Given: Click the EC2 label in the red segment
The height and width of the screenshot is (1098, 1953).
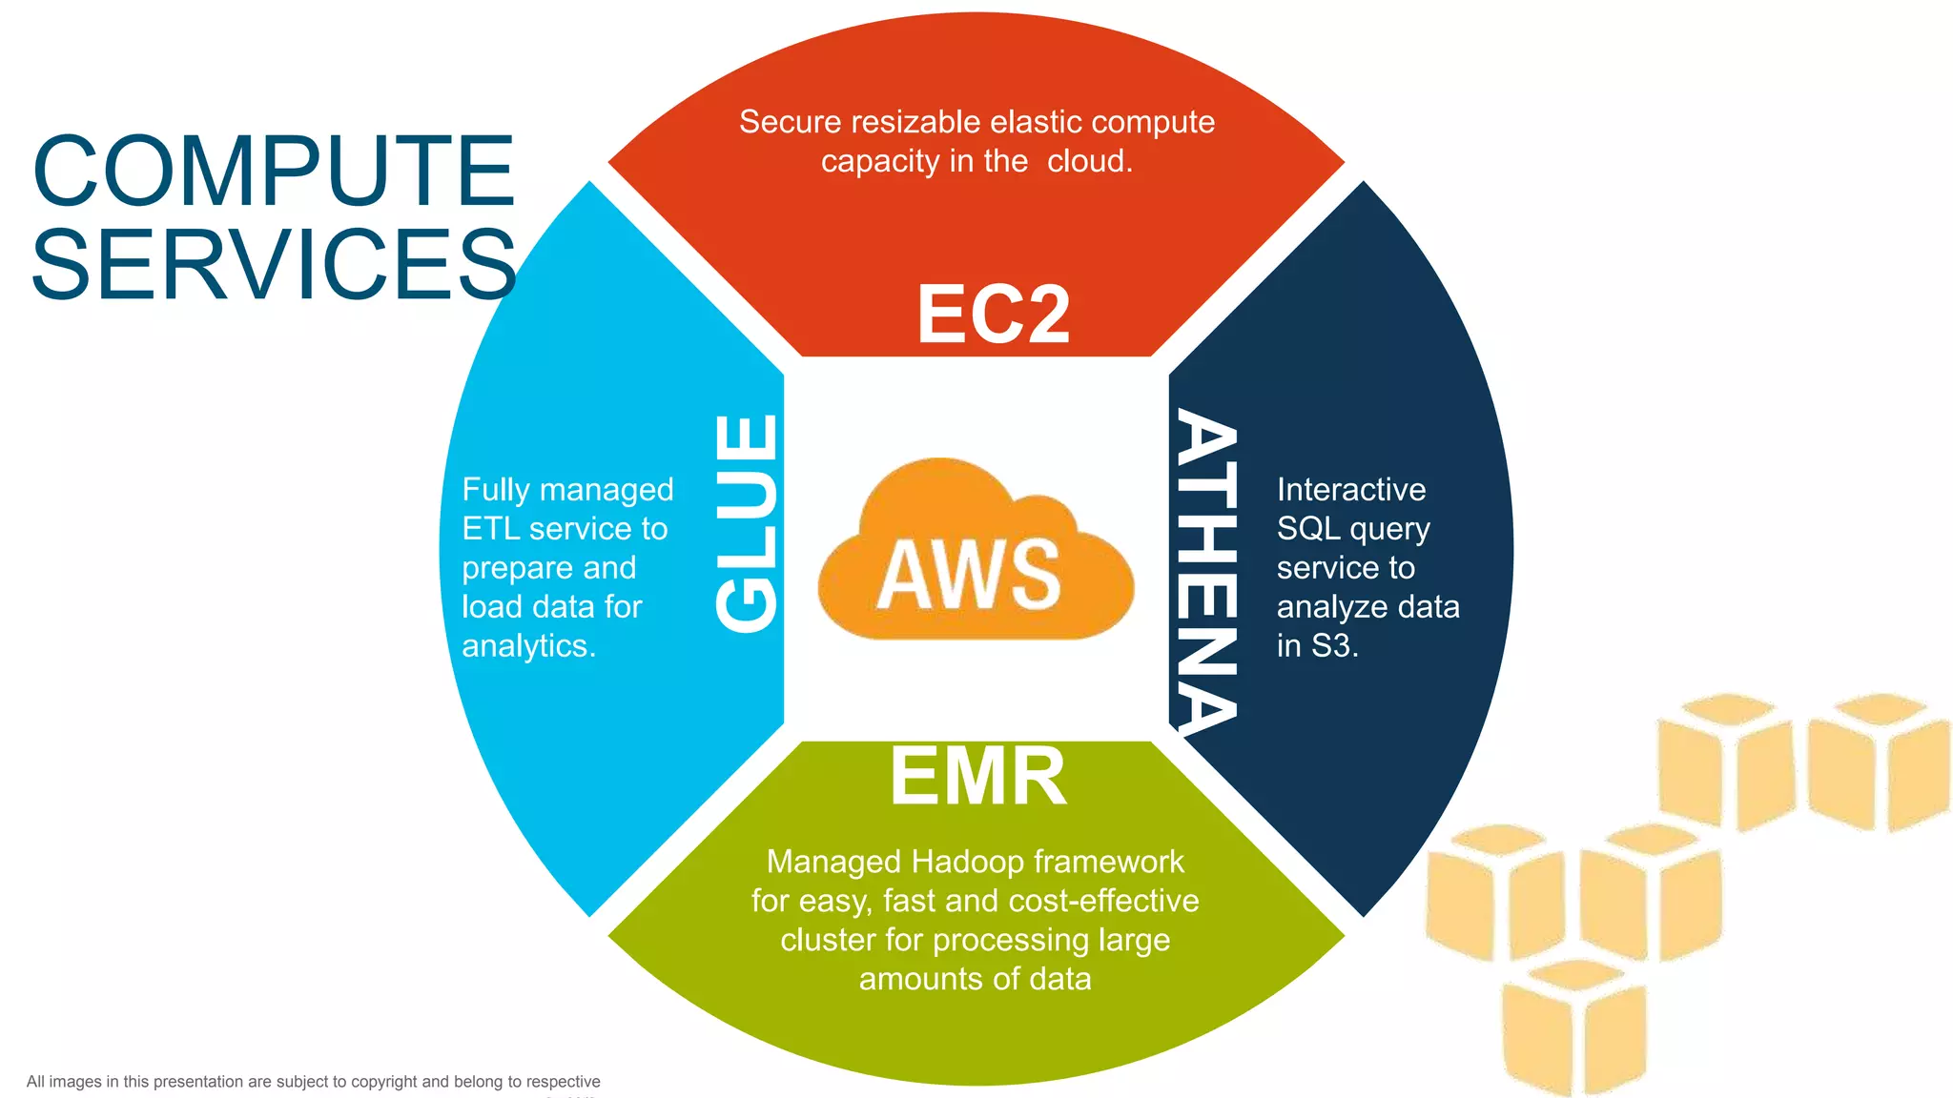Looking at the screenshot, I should pyautogui.click(x=993, y=315).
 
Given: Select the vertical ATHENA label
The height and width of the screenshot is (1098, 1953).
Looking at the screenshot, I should pyautogui.click(x=1206, y=570).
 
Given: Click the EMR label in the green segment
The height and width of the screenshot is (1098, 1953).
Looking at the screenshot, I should pyautogui.click(x=977, y=777).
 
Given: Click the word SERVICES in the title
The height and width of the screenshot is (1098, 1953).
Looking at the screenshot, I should pyautogui.click(x=274, y=264).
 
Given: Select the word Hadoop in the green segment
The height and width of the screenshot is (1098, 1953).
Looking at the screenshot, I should pyautogui.click(x=967, y=862).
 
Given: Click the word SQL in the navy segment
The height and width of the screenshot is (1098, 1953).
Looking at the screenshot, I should pyautogui.click(x=1307, y=529).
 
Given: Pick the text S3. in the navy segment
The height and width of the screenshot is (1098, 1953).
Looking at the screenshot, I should pyautogui.click(x=1334, y=646).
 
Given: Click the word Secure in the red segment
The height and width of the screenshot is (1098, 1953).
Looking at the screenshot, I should pyautogui.click(x=790, y=122).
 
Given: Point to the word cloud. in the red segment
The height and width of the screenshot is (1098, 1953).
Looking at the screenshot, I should pyautogui.click(x=1089, y=161).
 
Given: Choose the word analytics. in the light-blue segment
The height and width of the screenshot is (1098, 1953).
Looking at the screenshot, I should pyautogui.click(x=528, y=646).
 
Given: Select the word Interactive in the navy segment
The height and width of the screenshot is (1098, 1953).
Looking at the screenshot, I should pyautogui.click(x=1350, y=490).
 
